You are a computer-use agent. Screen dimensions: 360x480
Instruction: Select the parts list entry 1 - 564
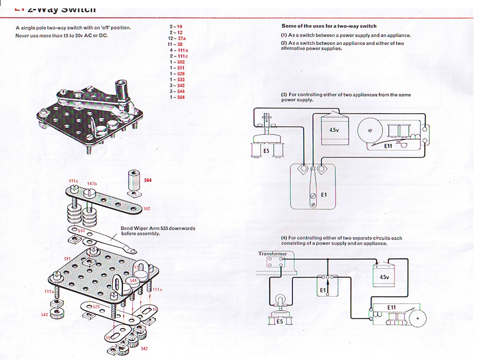(177, 97)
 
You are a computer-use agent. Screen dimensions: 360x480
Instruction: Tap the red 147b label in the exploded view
(92, 183)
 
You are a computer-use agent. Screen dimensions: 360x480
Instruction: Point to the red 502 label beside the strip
(146, 209)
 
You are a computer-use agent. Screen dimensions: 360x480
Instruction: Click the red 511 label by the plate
(67, 259)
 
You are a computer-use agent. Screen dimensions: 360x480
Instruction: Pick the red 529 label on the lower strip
(96, 306)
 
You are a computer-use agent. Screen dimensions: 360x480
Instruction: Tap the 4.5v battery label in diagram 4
(384, 277)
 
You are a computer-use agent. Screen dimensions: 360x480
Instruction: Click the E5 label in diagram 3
(266, 151)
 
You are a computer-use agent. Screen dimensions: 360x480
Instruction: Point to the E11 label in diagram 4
(392, 307)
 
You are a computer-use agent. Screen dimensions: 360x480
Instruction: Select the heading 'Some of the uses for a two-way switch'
(328, 26)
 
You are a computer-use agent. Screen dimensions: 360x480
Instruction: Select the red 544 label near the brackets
(133, 281)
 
